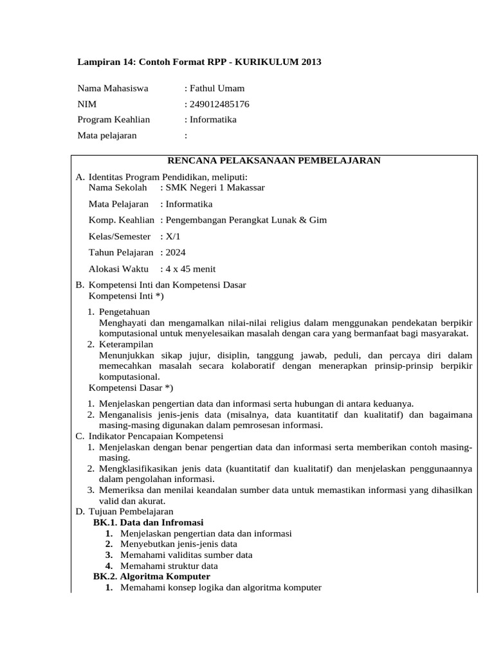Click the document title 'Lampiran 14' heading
pyautogui.click(x=199, y=62)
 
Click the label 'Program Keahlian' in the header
pyautogui.click(x=113, y=119)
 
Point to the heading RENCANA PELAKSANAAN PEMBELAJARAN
pyautogui.click(x=274, y=160)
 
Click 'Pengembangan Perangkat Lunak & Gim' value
pyautogui.click(x=246, y=219)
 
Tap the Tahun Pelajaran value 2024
pyautogui.click(x=175, y=252)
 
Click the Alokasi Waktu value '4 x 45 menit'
pyautogui.click(x=190, y=268)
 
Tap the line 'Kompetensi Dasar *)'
pyautogui.click(x=131, y=387)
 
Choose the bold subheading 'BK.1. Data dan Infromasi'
pyautogui.click(x=148, y=523)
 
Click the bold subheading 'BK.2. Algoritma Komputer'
pyautogui.click(x=151, y=577)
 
